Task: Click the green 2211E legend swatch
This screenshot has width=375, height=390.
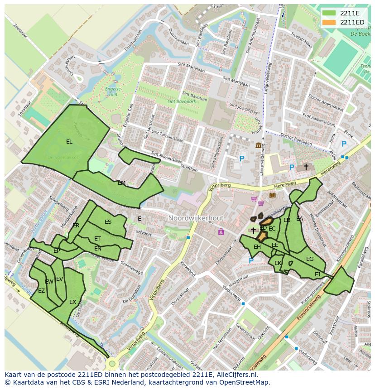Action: pos(329,13)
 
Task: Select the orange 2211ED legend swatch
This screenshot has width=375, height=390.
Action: pos(329,22)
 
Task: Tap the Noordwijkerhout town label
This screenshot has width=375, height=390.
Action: pos(196,218)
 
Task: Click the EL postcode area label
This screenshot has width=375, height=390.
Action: pos(69,142)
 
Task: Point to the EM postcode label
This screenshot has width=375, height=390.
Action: pos(121,183)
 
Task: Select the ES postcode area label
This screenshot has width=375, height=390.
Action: pos(108,222)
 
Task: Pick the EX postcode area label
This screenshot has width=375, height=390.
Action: pos(72,302)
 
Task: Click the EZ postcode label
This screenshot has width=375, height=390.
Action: pos(41,291)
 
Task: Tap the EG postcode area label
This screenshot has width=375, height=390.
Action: pos(310,259)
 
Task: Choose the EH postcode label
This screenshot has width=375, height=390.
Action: pos(257,247)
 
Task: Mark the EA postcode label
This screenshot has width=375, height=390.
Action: pos(299,219)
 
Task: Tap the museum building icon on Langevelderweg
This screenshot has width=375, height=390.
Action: pos(259,145)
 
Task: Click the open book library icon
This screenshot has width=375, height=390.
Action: pos(272,196)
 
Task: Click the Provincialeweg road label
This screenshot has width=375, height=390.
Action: pos(308,309)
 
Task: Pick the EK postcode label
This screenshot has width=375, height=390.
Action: pos(278,263)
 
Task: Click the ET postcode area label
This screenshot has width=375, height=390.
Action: pos(97,239)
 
